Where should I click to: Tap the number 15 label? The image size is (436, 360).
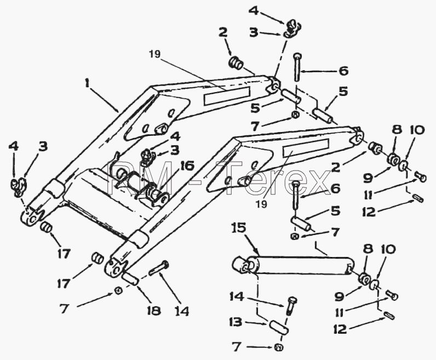239,228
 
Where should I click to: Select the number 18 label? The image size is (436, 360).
153,310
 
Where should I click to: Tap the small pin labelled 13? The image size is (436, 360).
279,327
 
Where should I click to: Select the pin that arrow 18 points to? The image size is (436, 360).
130,278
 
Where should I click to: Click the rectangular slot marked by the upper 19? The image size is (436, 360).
227,96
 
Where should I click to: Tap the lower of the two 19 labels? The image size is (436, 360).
262,204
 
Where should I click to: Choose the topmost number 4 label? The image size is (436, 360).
253,10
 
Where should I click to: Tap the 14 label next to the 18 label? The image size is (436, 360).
182,310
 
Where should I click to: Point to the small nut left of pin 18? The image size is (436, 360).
118,290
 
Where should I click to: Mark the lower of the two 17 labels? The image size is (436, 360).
64,283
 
